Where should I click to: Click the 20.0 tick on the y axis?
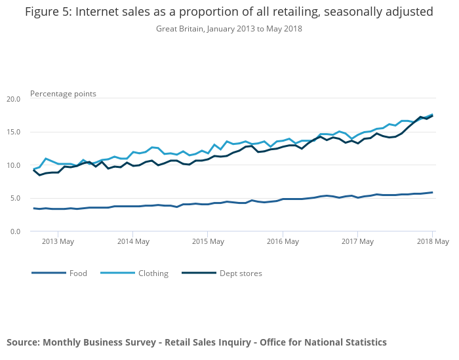pos(13,99)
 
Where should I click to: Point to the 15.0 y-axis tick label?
pos(13,132)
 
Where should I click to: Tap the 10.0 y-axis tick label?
pos(13,165)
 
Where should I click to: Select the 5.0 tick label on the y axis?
pos(15,198)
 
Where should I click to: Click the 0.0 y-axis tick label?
pos(15,231)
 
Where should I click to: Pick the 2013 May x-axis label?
pos(58,242)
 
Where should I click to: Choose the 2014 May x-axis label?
pos(132,242)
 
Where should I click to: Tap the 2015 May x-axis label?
pos(207,242)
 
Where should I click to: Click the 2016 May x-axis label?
pos(282,242)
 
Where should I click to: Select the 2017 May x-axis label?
pos(357,242)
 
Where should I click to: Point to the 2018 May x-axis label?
pos(432,242)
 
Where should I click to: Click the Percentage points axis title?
pos(63,94)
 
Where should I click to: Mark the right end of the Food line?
pos(432,192)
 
